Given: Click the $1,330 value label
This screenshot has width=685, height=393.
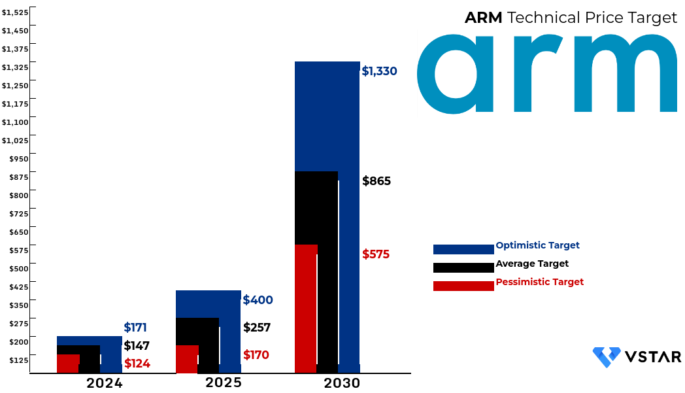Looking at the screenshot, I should pos(379,71).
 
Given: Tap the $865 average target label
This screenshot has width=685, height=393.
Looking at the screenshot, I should pos(376,181).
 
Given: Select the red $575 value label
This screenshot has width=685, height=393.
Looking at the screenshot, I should pos(376,254).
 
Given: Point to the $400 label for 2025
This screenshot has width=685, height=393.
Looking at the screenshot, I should pos(258,300).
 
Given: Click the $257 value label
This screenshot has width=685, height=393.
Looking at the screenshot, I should pos(257,328).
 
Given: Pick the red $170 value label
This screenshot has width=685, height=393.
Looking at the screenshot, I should pos(256,355).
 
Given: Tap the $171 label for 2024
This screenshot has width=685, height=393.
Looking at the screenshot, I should pos(135,328).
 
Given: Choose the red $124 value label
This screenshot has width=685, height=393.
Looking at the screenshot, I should pos(137,364).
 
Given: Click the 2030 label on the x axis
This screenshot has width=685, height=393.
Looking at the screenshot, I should pos(342,383).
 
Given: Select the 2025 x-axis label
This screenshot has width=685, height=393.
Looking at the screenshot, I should pos(224,383).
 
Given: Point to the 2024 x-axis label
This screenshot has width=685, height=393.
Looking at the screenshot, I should pos(105,383).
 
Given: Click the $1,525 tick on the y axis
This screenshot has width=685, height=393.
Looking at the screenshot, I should pos(15,12).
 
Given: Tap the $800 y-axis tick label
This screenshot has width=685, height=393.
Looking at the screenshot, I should pos(19,195).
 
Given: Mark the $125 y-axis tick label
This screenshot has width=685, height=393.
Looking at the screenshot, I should pos(19,360).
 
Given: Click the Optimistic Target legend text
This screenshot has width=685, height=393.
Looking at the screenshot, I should pos(537,245).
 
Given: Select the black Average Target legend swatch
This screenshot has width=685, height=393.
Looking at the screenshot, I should pos(463,267).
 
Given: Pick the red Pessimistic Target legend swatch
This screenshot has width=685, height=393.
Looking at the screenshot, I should pos(463,286).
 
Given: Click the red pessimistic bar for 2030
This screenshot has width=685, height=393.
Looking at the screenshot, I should pos(306,307).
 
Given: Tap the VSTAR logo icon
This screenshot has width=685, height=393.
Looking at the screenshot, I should pos(606,357).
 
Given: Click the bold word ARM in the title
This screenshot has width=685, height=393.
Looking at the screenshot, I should pos(483,18).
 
